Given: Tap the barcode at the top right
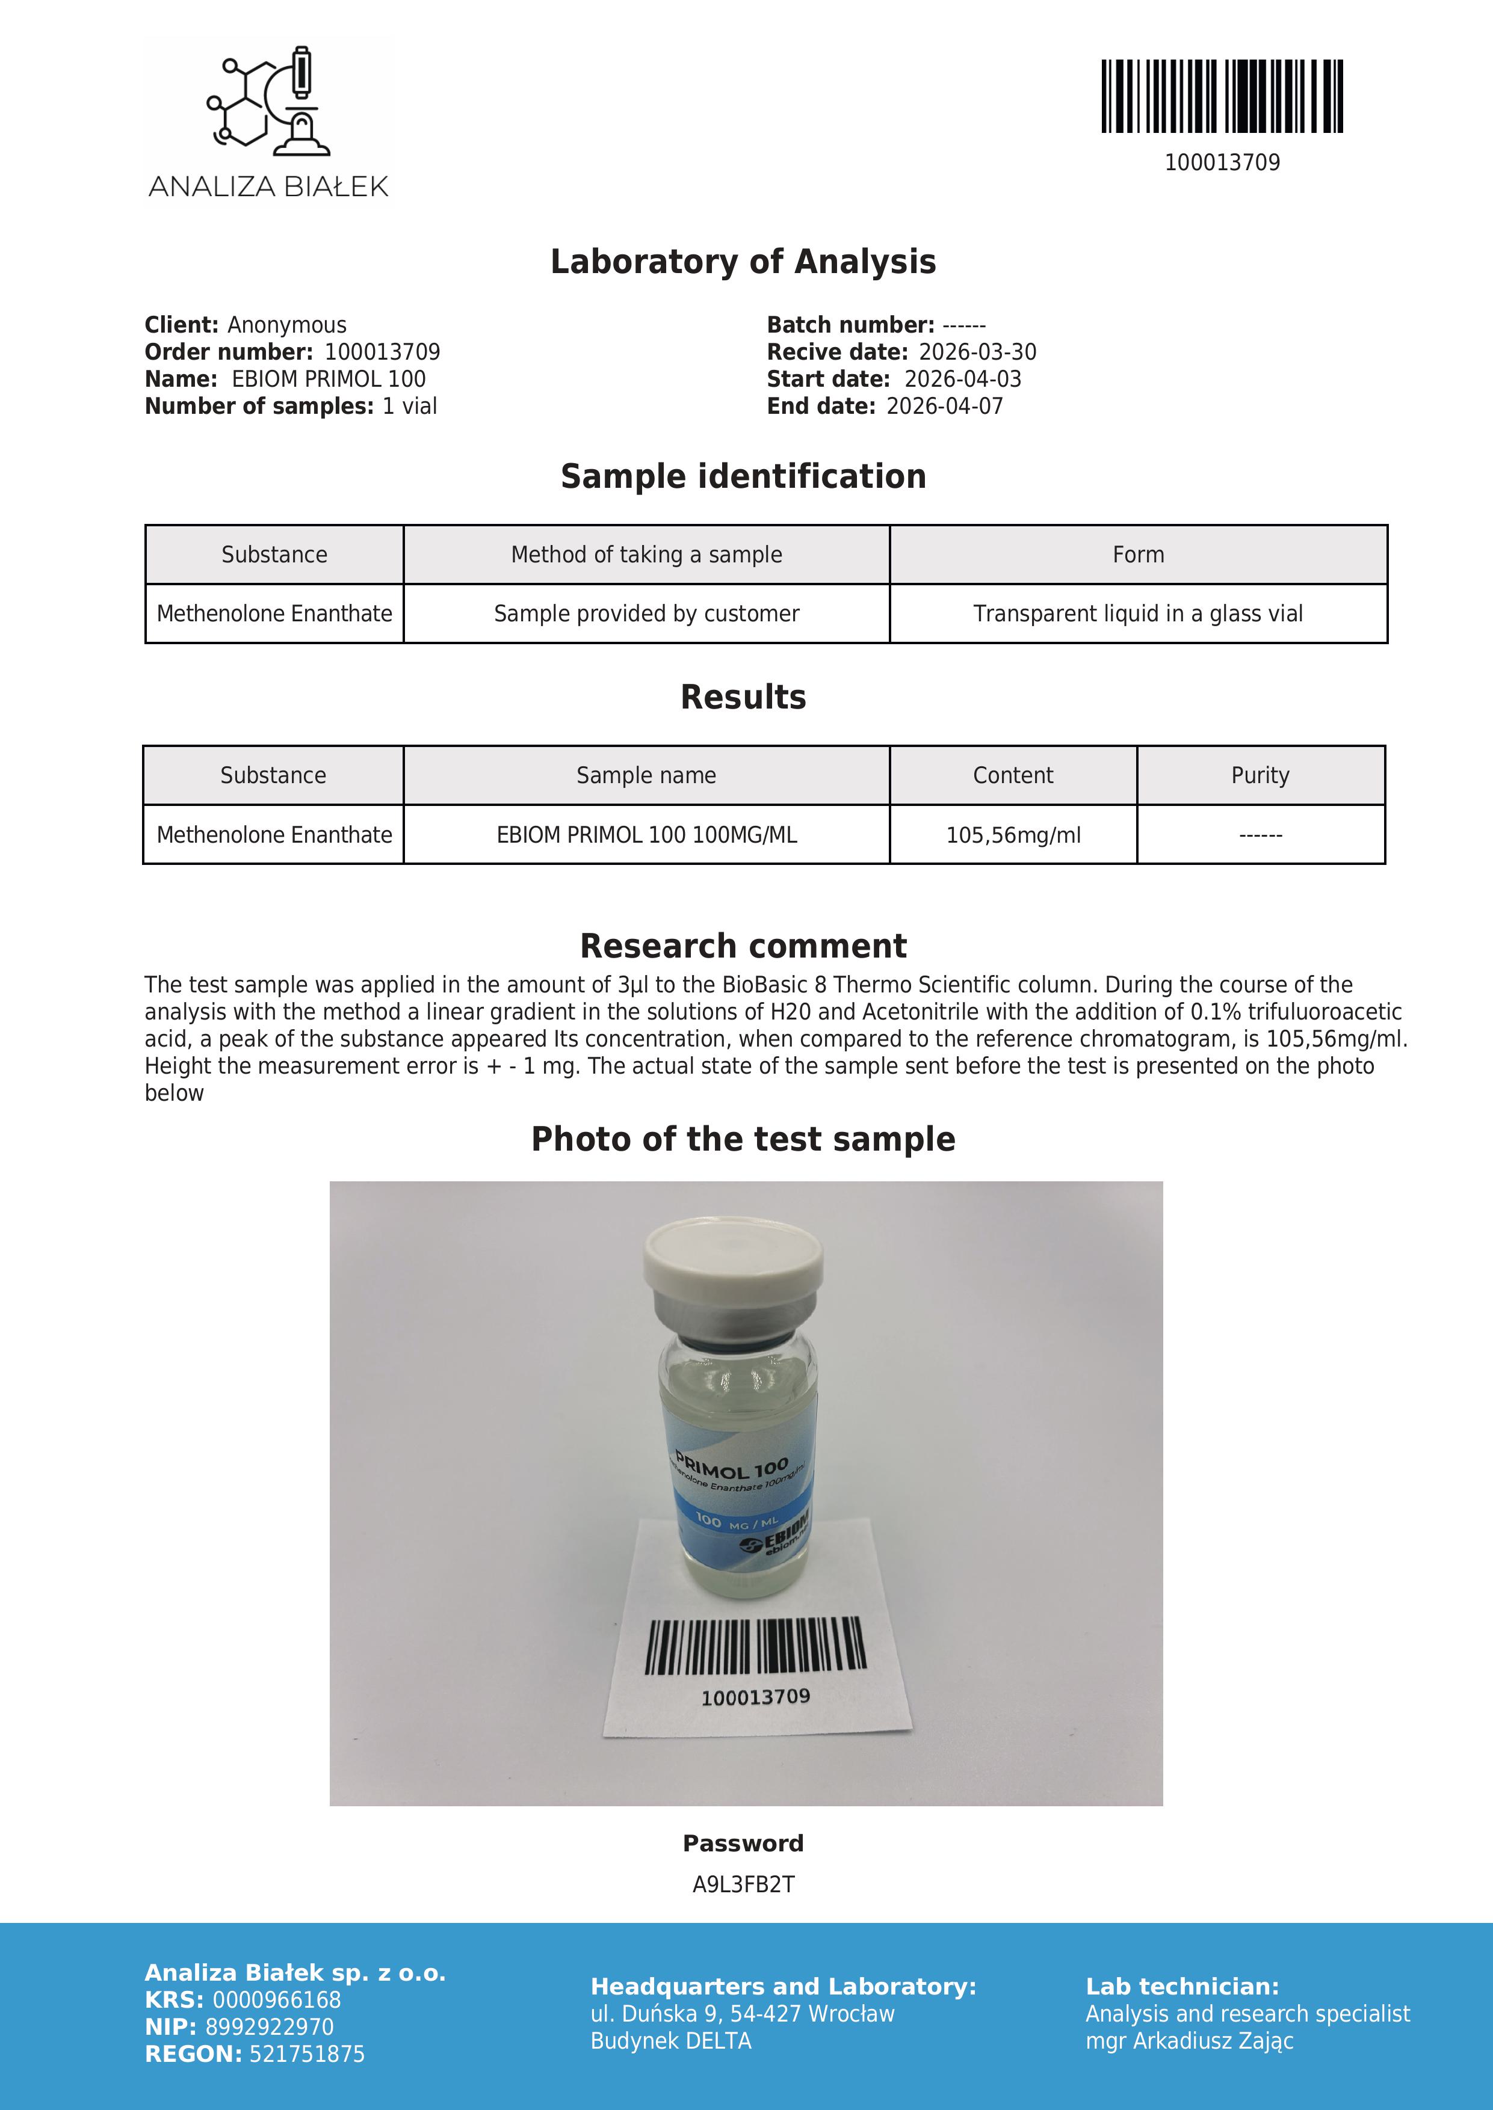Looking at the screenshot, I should tap(1222, 96).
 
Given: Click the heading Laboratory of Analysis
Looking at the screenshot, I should tap(743, 262).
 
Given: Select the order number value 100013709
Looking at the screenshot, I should tap(383, 352).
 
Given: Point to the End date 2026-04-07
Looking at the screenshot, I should tap(944, 406).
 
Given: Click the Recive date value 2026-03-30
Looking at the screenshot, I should tap(977, 352).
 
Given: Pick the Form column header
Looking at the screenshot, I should tap(1138, 555).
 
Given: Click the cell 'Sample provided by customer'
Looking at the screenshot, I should tap(646, 614).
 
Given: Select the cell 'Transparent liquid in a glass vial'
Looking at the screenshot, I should tap(1138, 614).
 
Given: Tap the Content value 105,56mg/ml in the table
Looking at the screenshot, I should tap(1013, 835).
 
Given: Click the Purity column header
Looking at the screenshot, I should tap(1260, 776).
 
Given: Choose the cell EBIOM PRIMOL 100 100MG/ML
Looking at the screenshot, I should tap(646, 835).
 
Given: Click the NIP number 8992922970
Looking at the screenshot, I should tap(270, 2027).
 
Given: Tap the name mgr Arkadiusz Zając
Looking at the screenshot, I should tap(1190, 2041).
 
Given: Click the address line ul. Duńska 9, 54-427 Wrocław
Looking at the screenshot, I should tap(742, 2014).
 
